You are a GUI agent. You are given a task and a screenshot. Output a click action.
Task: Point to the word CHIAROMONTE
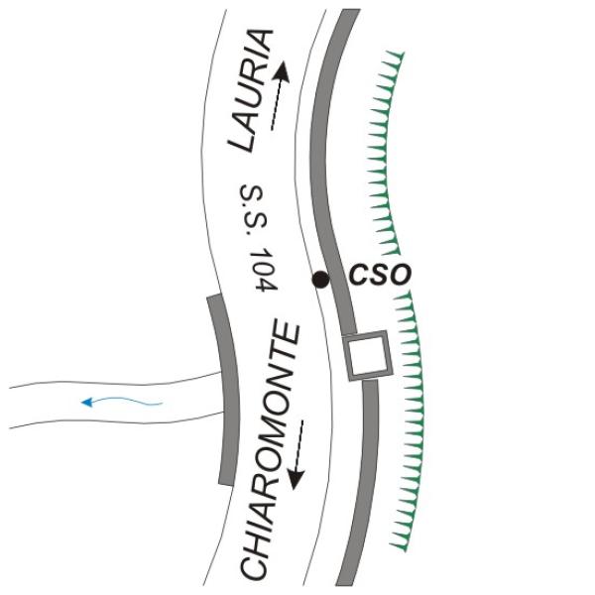269,451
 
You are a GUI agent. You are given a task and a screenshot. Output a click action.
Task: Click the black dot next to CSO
320,280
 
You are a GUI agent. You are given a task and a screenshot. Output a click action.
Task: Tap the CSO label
378,275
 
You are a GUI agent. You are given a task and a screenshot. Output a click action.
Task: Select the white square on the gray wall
366,357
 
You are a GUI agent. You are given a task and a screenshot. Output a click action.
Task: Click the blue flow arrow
120,402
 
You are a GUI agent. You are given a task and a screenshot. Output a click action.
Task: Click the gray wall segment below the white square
364,476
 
